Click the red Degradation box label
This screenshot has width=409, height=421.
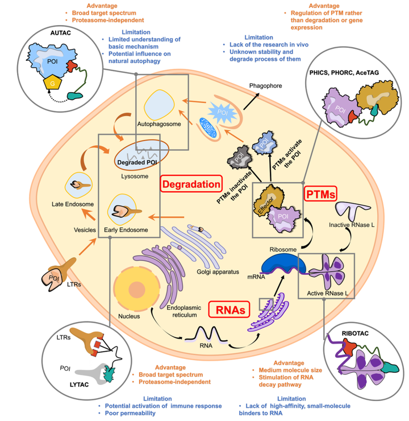[x=191, y=184]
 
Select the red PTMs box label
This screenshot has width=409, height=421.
[x=320, y=194]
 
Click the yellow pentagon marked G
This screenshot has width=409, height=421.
[x=52, y=83]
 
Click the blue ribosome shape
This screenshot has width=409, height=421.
[x=283, y=263]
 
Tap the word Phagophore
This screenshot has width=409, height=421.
[x=265, y=86]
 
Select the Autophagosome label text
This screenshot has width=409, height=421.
[x=159, y=124]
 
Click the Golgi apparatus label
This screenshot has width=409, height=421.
[x=218, y=272]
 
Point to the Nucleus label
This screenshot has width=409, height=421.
[x=129, y=316]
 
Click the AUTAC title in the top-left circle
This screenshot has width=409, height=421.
[x=61, y=33]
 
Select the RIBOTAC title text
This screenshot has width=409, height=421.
[x=355, y=333]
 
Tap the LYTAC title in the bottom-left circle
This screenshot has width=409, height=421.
[x=79, y=385]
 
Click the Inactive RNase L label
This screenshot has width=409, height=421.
[x=352, y=225]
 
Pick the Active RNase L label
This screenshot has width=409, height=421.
[x=328, y=293]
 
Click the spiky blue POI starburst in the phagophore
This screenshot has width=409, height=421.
[x=223, y=113]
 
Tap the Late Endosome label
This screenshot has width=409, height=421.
[x=73, y=204]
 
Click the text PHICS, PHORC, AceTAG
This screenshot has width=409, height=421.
[x=344, y=72]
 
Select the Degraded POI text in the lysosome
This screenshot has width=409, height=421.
[x=137, y=163]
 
